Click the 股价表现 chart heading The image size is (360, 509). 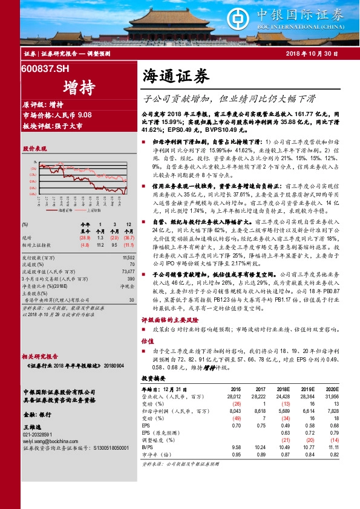pos(34,148)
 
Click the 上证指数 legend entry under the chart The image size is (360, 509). pos(94,211)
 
